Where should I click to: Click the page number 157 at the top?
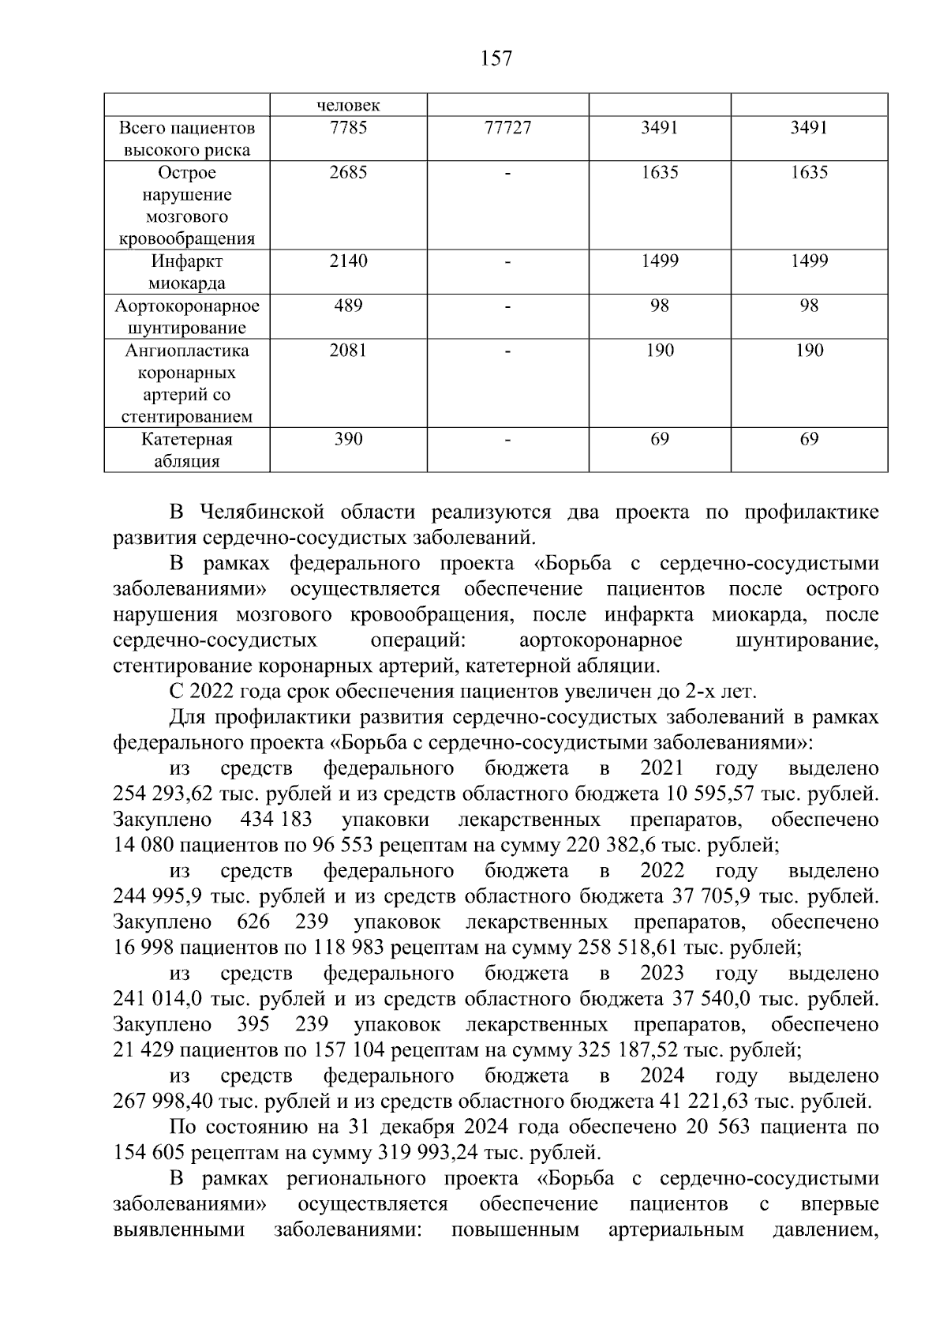496,58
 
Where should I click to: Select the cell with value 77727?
507,128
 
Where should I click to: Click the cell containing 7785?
348,128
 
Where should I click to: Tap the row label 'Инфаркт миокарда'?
187,272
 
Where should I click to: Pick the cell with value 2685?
348,172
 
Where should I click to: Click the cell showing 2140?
348,261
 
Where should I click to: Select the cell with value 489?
348,306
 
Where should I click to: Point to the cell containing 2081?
348,350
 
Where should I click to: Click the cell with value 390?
348,439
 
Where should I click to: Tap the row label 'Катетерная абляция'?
187,450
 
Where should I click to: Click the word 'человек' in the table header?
348,105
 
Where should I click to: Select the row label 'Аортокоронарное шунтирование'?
187,316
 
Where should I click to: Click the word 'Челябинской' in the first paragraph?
256,512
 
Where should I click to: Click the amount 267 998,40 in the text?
164,1101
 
